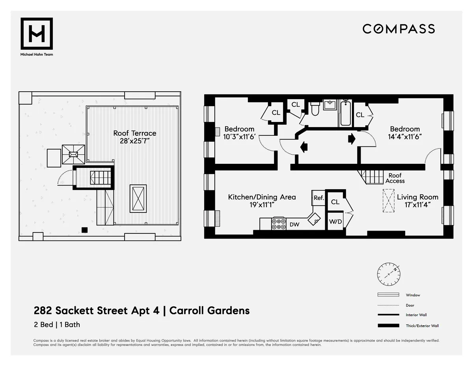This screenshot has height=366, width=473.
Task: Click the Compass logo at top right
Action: (x=399, y=29)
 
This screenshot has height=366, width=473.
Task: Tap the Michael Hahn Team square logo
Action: (x=37, y=34)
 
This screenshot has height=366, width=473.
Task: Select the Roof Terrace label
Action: (x=135, y=133)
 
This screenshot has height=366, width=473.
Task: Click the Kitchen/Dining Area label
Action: (x=262, y=197)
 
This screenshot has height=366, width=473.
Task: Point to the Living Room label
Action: (x=417, y=197)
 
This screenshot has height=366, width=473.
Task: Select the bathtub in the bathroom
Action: (x=345, y=113)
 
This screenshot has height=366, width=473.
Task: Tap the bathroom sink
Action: (x=329, y=105)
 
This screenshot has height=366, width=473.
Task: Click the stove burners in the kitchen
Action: (x=279, y=224)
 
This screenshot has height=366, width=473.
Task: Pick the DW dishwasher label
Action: (x=294, y=225)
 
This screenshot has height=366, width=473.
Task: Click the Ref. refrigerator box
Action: (x=318, y=198)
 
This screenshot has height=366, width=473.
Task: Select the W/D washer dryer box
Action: (x=335, y=221)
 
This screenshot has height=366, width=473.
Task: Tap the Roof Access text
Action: (x=395, y=178)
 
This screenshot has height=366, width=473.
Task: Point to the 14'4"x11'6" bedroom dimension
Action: (x=405, y=136)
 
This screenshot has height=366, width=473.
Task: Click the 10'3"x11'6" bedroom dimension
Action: (x=239, y=136)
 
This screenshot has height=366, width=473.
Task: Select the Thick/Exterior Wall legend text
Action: (x=422, y=326)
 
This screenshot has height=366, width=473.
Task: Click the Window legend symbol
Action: (x=389, y=295)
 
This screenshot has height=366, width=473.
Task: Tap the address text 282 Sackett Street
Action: (x=97, y=310)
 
